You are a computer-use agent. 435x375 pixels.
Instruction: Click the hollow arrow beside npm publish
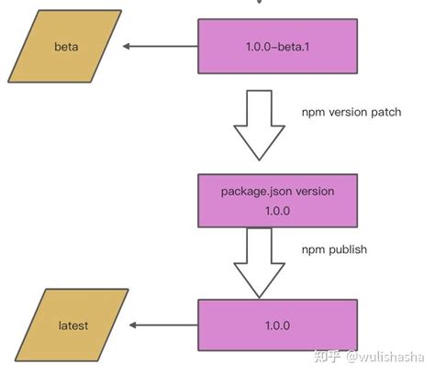coord(261,261)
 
